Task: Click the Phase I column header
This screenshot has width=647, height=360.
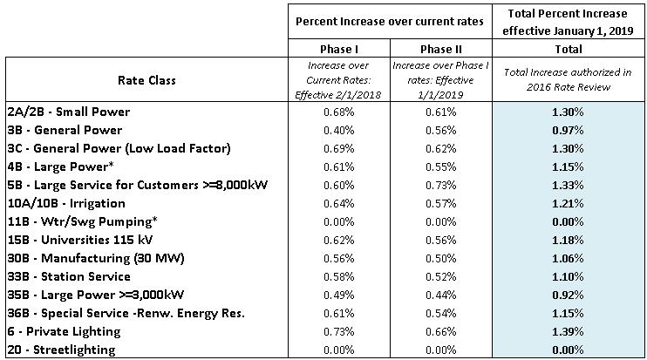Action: click(338, 50)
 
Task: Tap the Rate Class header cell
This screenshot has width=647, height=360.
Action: click(147, 80)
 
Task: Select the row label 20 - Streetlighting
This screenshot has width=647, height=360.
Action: click(59, 349)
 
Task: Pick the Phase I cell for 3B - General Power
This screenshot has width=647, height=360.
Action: click(338, 129)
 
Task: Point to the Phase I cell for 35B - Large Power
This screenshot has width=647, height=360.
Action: click(338, 294)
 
